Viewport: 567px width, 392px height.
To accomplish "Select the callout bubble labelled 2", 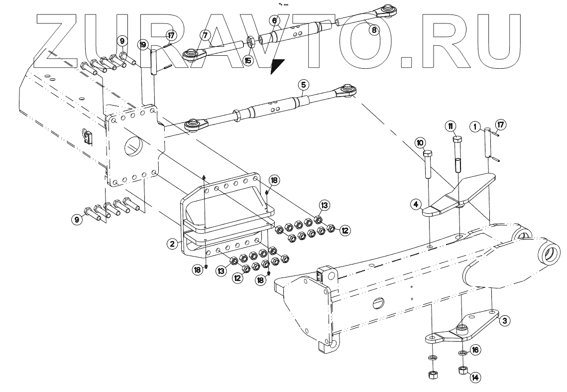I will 172,244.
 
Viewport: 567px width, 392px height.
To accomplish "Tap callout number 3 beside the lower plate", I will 504,321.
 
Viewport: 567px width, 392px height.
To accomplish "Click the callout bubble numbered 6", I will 274,20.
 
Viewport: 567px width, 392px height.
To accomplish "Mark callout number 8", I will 374,29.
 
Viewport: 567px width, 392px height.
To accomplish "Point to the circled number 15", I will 247,60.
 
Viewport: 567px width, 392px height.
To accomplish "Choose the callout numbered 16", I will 475,350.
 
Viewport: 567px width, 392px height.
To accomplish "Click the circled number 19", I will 143,45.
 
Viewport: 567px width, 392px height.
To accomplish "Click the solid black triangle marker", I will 277,65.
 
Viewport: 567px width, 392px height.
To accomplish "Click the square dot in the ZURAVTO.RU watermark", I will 407,61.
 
